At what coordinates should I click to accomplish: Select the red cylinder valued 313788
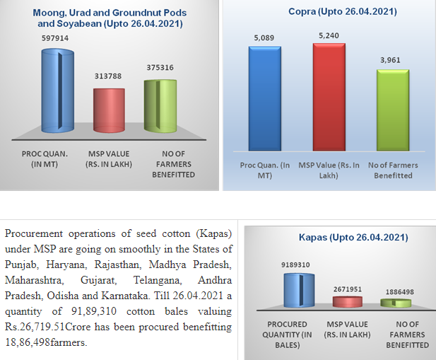click(109, 110)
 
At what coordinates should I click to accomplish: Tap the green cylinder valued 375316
click(160, 105)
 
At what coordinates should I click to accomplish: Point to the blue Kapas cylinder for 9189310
click(300, 291)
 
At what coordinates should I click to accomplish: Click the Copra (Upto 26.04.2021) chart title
click(328, 13)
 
